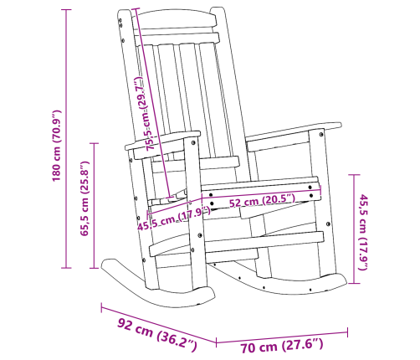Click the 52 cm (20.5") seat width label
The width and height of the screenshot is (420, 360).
(261, 200)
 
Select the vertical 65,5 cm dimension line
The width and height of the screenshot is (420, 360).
(95, 205)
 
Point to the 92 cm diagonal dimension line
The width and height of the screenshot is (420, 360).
(159, 321)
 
